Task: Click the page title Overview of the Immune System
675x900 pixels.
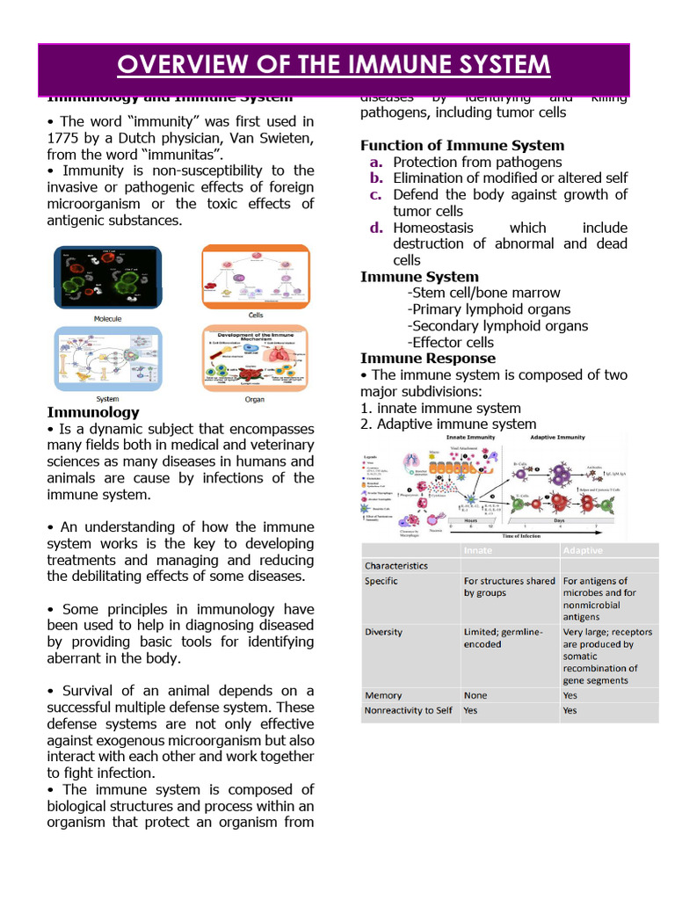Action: pyautogui.click(x=334, y=66)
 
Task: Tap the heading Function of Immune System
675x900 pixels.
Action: pyautogui.click(x=462, y=145)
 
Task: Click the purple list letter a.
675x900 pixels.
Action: pyautogui.click(x=375, y=162)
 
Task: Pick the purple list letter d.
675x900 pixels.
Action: pyautogui.click(x=376, y=228)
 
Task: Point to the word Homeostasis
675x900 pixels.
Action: pyautogui.click(x=433, y=228)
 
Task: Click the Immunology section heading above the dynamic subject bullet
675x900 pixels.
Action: pyautogui.click(x=92, y=411)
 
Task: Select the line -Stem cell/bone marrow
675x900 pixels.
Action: pyautogui.click(x=483, y=293)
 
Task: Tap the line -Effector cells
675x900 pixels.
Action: pyautogui.click(x=451, y=342)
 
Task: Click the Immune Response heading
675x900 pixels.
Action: pyautogui.click(x=427, y=359)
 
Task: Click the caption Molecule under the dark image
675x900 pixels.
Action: pyautogui.click(x=107, y=318)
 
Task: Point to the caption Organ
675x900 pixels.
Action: pyautogui.click(x=253, y=399)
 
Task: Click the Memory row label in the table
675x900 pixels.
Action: pyautogui.click(x=383, y=694)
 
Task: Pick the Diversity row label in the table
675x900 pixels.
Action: pyautogui.click(x=384, y=631)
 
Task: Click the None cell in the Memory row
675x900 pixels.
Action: pyautogui.click(x=475, y=694)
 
